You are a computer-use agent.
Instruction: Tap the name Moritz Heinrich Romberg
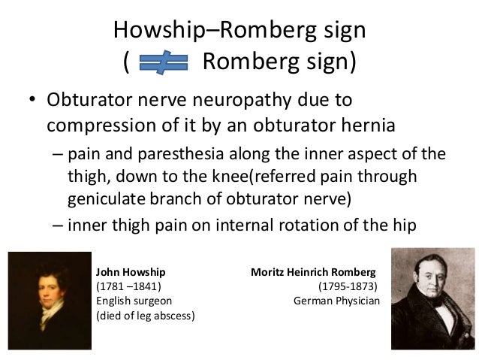click(x=311, y=271)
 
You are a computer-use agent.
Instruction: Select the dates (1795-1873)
click(x=348, y=286)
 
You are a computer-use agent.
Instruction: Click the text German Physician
click(x=337, y=301)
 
